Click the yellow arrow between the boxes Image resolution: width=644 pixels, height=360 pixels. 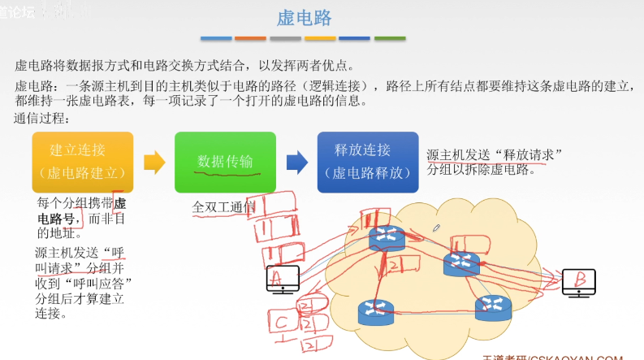(x=154, y=162)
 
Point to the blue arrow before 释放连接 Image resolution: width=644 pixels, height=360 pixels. (x=297, y=162)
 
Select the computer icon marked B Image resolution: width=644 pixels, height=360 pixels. (x=579, y=280)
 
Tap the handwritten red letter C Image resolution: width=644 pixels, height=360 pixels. (x=280, y=322)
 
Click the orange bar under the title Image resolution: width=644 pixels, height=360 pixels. (x=250, y=38)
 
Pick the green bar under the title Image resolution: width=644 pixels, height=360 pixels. (x=389, y=38)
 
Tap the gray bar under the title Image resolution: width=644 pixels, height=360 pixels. (x=285, y=38)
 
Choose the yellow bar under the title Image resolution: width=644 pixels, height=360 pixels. (x=320, y=38)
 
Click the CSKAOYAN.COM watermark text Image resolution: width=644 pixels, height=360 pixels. (x=575, y=356)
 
